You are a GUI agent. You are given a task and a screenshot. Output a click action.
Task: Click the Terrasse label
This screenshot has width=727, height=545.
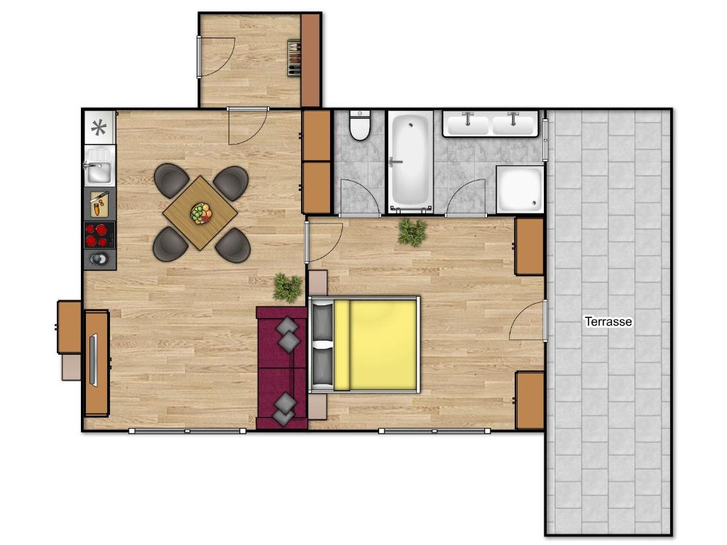608,321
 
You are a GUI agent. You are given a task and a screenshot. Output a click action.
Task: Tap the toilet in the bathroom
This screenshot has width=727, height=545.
361,126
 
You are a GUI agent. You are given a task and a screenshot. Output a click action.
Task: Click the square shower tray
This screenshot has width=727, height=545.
519,189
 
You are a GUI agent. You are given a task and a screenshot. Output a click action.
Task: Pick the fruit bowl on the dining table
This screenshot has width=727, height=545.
201,213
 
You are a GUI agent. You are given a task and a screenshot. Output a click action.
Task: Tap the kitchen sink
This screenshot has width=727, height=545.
98,171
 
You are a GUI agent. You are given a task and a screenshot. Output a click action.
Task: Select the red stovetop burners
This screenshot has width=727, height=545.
99,235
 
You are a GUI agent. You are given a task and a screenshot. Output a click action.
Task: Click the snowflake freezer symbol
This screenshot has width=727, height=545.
99,128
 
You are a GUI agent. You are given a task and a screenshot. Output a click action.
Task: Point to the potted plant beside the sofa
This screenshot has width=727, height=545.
287,287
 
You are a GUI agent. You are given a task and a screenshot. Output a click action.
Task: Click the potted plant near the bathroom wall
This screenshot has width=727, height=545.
412,231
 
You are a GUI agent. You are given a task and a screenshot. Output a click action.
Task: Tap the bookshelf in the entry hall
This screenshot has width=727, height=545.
294,58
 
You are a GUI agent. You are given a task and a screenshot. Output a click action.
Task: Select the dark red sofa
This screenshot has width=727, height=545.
281,368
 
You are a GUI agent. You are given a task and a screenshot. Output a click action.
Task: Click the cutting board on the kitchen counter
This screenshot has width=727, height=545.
99,204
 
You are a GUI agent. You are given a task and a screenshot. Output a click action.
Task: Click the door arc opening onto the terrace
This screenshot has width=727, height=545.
526,321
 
